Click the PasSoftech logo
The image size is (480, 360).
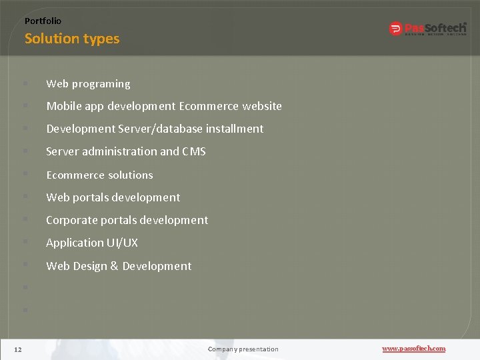pos(427,28)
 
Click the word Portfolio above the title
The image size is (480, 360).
pos(43,21)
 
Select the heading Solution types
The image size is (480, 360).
pos(72,39)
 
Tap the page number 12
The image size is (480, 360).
pos(18,349)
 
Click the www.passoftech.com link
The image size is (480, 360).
pos(413,349)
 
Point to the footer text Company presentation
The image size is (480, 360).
pos(243,349)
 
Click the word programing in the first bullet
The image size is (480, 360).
pos(101,84)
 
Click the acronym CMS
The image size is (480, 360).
pos(193,151)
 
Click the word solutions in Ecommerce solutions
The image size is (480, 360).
pos(129,175)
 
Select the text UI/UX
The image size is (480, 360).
pos(123,243)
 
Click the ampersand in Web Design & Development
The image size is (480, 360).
pos(114,266)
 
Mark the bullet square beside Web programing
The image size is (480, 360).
pos(25,84)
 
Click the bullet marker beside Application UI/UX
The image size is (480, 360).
pos(25,243)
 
